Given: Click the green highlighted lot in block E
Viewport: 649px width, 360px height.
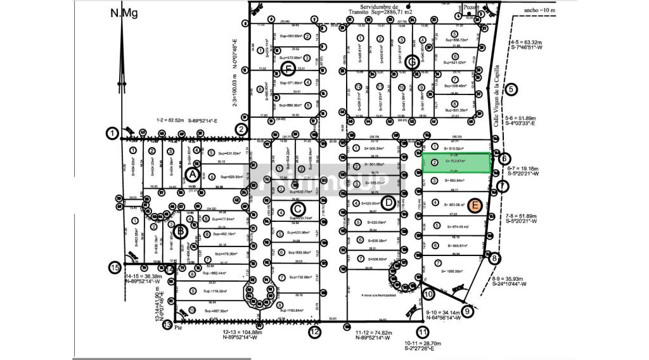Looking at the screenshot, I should (456, 162).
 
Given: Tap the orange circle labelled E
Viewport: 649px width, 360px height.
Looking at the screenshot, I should (476, 204).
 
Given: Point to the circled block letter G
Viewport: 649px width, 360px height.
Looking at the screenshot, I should (411, 62).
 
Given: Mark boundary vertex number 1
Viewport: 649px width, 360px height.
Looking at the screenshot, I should (112, 133).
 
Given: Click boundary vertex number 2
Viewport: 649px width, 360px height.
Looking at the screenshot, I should (241, 129).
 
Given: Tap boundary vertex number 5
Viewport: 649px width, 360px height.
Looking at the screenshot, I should (511, 90).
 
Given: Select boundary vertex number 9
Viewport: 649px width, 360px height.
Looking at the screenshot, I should (468, 311).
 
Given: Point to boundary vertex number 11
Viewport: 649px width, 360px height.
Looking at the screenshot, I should (423, 331).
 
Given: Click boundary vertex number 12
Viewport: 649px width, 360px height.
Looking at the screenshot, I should (314, 331).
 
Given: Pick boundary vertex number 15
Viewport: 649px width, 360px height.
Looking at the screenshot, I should (114, 267).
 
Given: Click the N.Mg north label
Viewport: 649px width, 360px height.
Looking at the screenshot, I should (124, 13).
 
